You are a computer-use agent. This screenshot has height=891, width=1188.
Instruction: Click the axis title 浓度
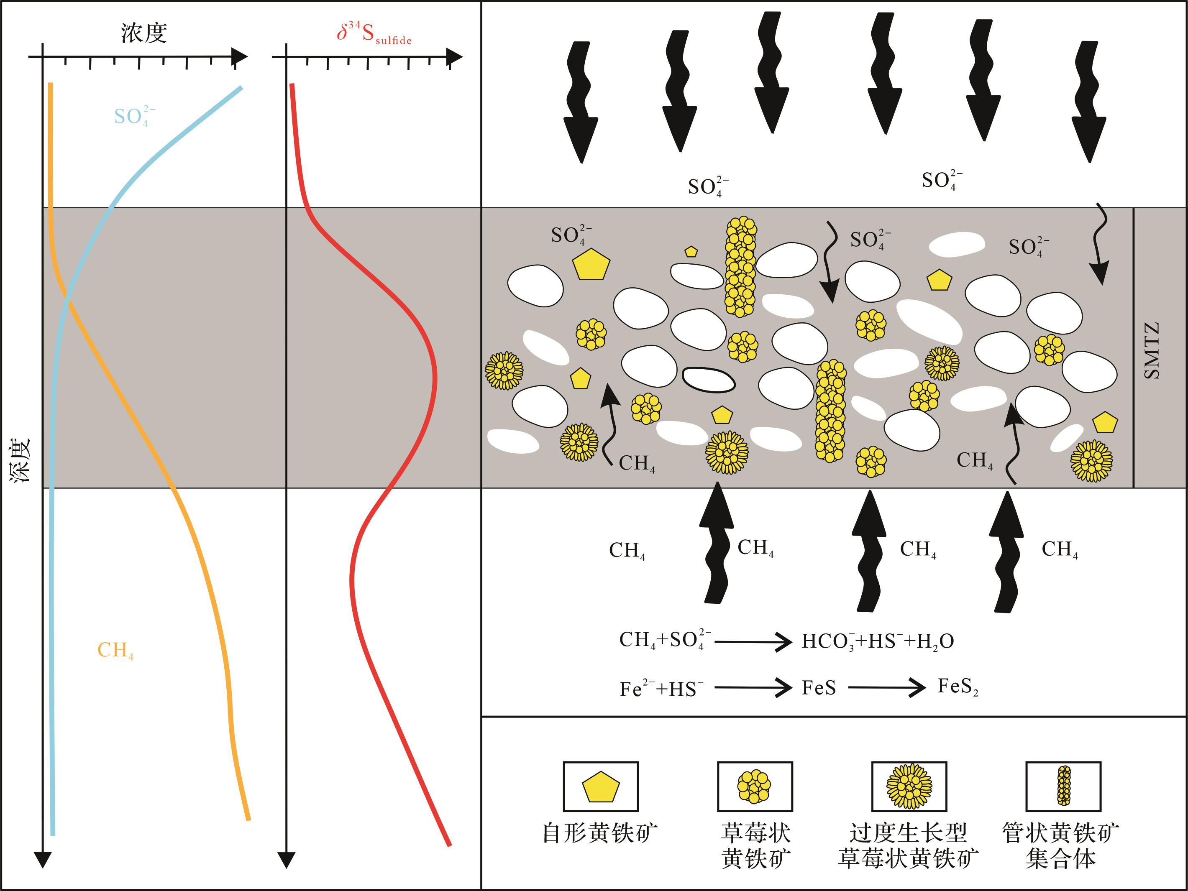144,33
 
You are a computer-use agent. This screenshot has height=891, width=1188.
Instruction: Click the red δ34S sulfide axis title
374,33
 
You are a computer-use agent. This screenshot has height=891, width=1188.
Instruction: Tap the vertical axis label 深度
21,460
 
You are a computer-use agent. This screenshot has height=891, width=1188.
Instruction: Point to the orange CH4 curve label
115,651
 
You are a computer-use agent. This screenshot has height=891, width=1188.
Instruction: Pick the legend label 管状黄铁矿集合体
1061,845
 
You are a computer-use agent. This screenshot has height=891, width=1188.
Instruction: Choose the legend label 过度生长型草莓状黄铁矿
908,845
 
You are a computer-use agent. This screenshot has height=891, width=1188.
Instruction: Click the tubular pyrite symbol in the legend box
1064,785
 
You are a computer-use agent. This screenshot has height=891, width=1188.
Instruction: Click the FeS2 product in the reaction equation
958,687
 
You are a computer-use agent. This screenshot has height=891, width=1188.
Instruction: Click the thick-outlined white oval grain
708,380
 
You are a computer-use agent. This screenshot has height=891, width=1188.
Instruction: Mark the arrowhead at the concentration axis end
240,56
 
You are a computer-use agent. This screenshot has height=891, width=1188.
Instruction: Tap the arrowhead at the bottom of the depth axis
42,859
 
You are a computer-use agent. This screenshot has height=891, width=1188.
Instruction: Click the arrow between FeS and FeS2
887,687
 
